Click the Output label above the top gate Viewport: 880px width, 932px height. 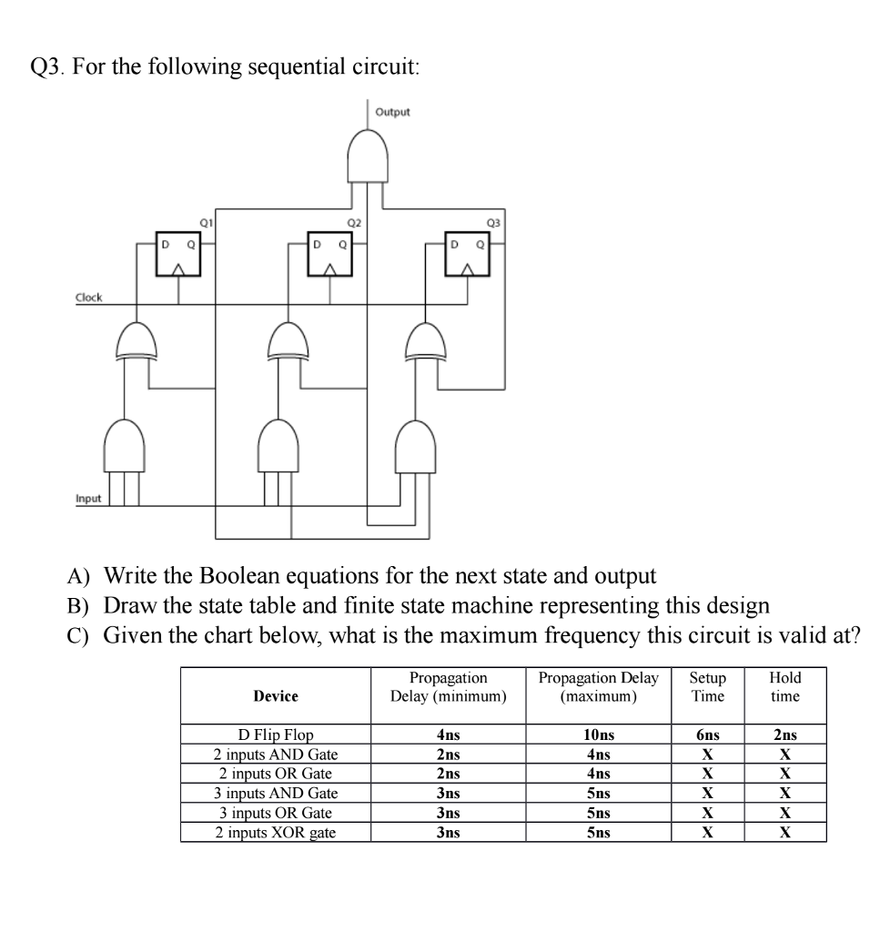tap(393, 112)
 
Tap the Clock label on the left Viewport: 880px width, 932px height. tap(89, 298)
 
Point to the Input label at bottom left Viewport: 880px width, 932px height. tap(88, 499)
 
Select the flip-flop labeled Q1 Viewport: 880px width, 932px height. tap(178, 256)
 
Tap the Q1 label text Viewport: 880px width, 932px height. tap(205, 221)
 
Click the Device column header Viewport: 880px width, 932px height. tap(276, 696)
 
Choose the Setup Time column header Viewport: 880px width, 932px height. tap(707, 687)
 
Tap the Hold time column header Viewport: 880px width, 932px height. tap(784, 687)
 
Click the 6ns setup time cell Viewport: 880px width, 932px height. tap(707, 735)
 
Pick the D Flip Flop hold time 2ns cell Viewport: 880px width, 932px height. tap(784, 735)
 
